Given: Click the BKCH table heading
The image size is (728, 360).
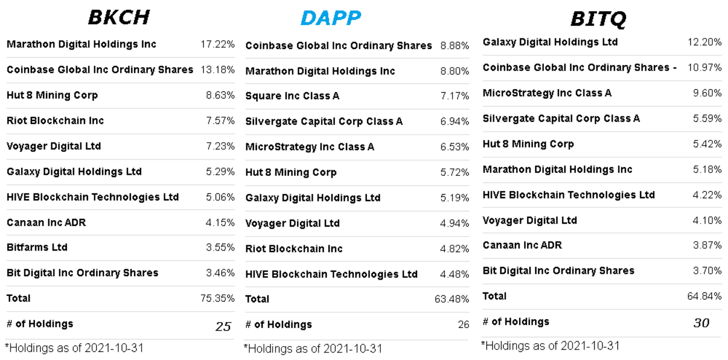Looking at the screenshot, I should pyautogui.click(x=119, y=17).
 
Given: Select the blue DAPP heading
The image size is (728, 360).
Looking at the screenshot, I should pyautogui.click(x=330, y=18).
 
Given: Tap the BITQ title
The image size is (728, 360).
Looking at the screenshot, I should pyautogui.click(x=598, y=19).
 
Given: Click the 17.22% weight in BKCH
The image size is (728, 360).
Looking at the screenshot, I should pyautogui.click(x=217, y=44).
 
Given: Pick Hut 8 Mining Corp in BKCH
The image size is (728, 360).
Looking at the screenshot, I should pyautogui.click(x=52, y=95).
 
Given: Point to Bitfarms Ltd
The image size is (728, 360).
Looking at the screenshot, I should pyautogui.click(x=37, y=247).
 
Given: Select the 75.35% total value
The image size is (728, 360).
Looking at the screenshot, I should pyautogui.click(x=217, y=298).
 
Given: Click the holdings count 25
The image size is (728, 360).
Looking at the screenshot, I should pyautogui.click(x=223, y=326).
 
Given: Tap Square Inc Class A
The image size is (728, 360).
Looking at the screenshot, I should pyautogui.click(x=292, y=96).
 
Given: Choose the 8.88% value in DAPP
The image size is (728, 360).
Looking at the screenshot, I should pyautogui.click(x=454, y=46).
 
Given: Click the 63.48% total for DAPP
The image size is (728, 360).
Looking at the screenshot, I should pyautogui.click(x=451, y=299).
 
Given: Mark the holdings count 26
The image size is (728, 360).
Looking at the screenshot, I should pyautogui.click(x=463, y=325).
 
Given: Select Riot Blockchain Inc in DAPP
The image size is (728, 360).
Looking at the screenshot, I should pyautogui.click(x=294, y=249).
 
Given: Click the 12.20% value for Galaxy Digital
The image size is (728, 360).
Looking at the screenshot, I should pyautogui.click(x=704, y=43).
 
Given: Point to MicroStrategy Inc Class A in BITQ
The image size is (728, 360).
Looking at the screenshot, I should pyautogui.click(x=547, y=93).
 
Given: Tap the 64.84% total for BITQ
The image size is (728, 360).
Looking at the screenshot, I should pyautogui.click(x=704, y=297).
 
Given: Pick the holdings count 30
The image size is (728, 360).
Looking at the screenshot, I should pyautogui.click(x=701, y=322).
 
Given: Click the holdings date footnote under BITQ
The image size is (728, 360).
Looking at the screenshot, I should pyautogui.click(x=550, y=346).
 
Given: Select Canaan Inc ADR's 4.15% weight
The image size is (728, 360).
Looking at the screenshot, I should pyautogui.click(x=220, y=223).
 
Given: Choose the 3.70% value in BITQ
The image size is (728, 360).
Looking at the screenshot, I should pyautogui.click(x=707, y=271).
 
